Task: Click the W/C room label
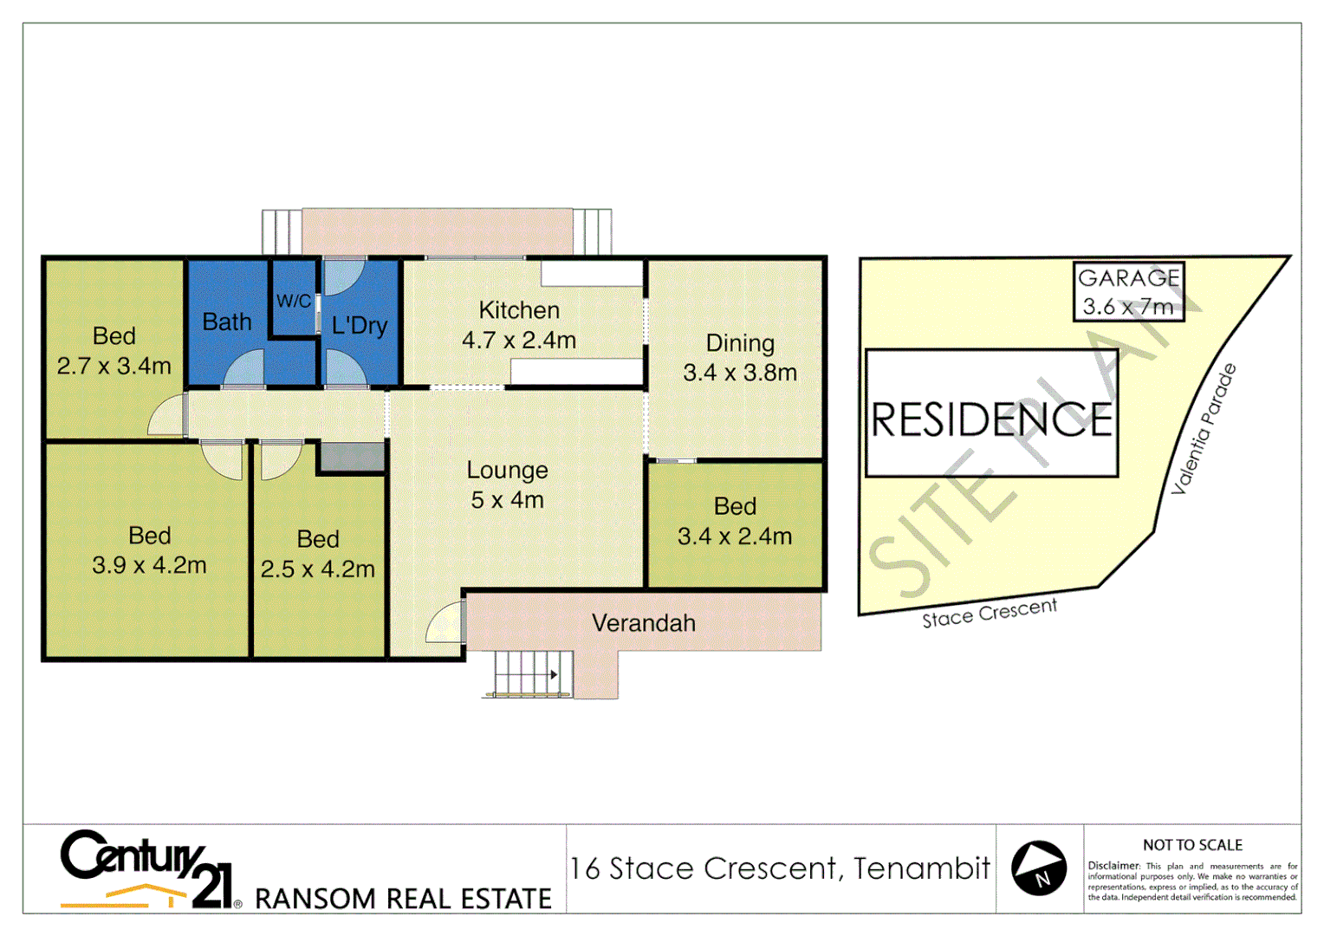pos(293,301)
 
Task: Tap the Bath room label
pos(226,322)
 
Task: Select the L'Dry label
pos(359,326)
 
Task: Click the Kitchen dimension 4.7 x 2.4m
pos(518,341)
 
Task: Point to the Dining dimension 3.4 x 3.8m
pos(739,373)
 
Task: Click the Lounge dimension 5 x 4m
pos(507,500)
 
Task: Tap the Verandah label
pos(643,623)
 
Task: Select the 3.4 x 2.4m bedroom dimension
pos(734,536)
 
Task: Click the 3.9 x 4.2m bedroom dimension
pos(149,565)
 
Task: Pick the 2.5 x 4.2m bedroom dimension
pos(317,569)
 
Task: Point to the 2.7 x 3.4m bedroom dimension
pos(114,366)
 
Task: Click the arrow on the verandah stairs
pos(554,674)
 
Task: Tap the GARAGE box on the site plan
pos(1128,292)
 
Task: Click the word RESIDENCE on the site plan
pos(991,419)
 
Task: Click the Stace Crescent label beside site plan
pos(989,613)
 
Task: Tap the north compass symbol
pos(1039,868)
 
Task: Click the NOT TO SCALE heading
pos(1192,845)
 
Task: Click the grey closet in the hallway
pos(352,457)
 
